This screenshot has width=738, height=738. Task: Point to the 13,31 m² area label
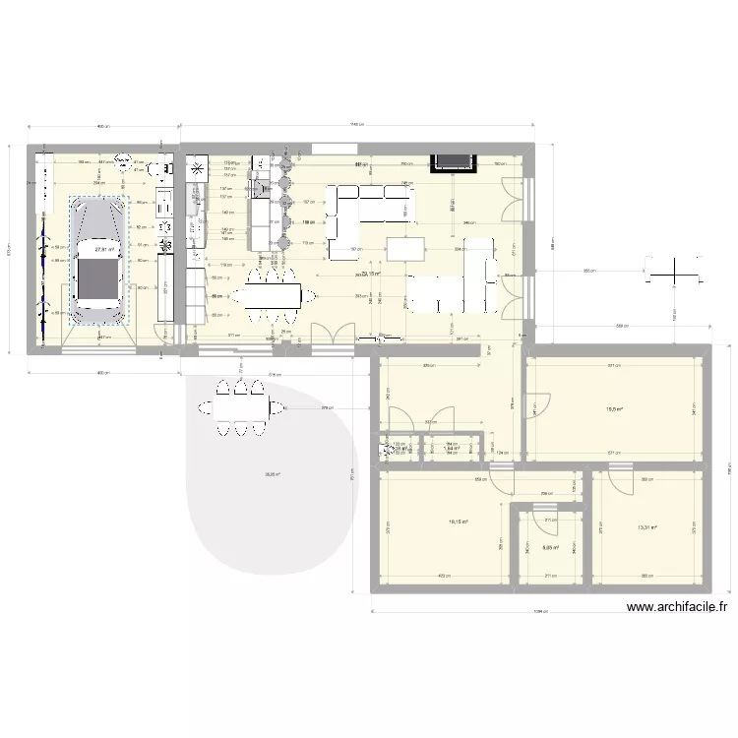(646, 528)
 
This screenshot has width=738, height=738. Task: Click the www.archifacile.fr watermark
(676, 609)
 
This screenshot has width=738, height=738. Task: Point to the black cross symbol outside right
(675, 269)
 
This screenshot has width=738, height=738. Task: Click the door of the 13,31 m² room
(621, 481)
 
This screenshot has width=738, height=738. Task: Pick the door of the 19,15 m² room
(503, 481)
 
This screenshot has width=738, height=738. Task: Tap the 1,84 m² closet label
(452, 450)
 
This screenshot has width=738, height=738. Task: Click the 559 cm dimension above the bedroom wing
(621, 326)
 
